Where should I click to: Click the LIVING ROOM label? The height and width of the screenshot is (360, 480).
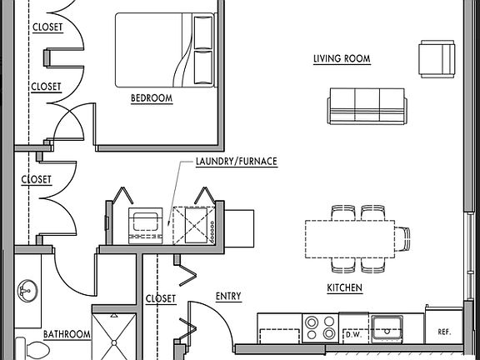click(342, 58)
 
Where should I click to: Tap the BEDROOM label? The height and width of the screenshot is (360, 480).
click(152, 98)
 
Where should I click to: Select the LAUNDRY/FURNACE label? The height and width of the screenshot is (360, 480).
click(237, 162)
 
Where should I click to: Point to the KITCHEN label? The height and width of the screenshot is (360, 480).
click(345, 287)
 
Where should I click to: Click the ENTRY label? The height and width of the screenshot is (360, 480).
click(228, 297)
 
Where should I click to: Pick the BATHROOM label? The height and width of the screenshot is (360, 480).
click(67, 334)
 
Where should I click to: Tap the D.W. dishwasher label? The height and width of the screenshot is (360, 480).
click(354, 335)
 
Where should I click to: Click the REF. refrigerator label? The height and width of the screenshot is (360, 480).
click(444, 332)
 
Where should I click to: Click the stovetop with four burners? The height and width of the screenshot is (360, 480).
click(320, 328)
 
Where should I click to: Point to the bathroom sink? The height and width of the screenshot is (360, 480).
click(27, 291)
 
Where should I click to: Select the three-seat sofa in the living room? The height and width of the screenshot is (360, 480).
click(367, 106)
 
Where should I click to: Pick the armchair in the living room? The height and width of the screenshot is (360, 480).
click(437, 59)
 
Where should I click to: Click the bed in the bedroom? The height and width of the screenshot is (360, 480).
click(165, 50)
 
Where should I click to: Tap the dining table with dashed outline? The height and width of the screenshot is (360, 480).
click(350, 239)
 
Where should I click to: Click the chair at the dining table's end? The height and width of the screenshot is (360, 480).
click(402, 239)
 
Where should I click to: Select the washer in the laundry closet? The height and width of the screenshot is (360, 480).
click(145, 226)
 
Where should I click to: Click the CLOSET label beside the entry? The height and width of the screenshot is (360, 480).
click(161, 298)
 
